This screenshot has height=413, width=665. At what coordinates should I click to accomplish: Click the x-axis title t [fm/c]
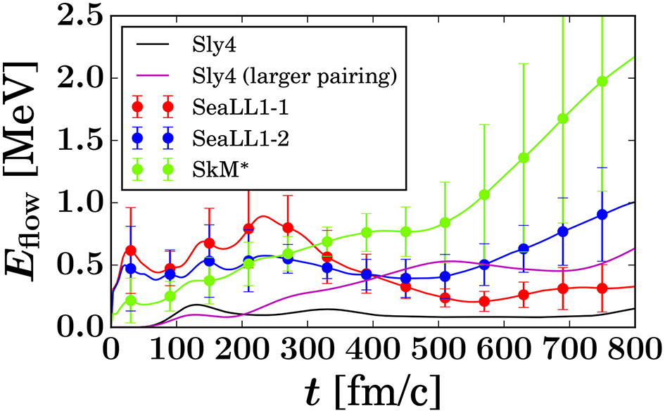pos(373,390)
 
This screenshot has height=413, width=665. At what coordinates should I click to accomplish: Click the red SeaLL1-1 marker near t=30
pos(130,250)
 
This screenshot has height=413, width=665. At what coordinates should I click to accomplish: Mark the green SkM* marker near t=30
pos(130,300)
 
